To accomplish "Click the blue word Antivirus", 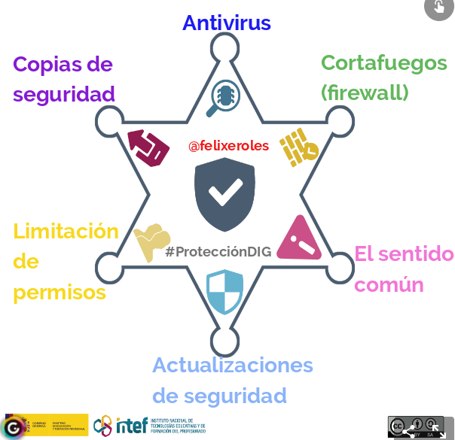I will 226,23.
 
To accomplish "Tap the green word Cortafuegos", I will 383,63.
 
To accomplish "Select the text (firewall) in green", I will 365,93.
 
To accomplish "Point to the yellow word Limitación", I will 66,231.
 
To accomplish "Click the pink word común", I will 389,285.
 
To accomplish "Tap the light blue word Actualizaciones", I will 232,366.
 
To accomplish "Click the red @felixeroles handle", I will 228,145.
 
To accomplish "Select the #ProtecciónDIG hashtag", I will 218,252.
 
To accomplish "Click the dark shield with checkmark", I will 225,193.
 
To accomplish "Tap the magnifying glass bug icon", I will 225,97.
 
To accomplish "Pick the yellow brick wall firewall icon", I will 298,147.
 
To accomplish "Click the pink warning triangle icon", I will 299,238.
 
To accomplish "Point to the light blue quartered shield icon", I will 224,292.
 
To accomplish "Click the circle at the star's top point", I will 224,50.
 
